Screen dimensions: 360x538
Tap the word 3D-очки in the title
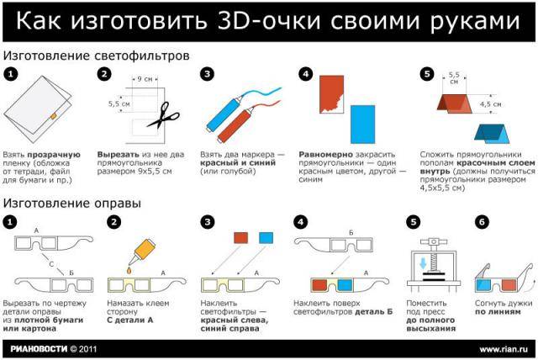287,22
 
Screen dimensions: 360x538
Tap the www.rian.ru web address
503,347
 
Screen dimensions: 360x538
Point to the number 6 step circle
482,222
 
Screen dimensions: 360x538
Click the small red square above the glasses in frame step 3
241,238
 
